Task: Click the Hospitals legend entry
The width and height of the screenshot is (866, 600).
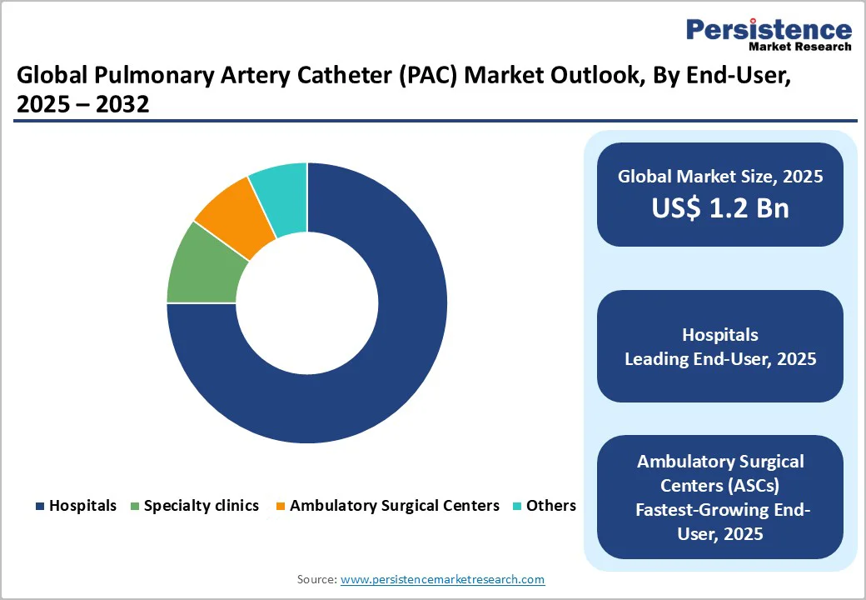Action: (x=77, y=506)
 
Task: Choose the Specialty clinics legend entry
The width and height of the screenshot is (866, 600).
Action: (x=194, y=506)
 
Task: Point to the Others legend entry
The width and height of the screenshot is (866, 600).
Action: (x=545, y=506)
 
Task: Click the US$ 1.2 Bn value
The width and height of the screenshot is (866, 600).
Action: (x=720, y=207)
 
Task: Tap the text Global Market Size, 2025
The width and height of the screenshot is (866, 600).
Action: (x=720, y=176)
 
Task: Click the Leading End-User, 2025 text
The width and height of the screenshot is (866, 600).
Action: (x=720, y=359)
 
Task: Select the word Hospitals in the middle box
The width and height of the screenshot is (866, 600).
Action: (x=720, y=335)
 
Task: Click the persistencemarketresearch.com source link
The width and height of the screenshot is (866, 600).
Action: (x=442, y=579)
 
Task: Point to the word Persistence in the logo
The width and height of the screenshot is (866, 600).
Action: (x=769, y=28)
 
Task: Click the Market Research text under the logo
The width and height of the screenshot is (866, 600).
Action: (x=800, y=47)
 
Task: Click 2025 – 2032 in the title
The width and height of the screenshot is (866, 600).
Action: (x=82, y=104)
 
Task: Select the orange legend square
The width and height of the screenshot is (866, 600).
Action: (x=281, y=506)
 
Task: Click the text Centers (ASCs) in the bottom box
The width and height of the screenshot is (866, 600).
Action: (x=720, y=486)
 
